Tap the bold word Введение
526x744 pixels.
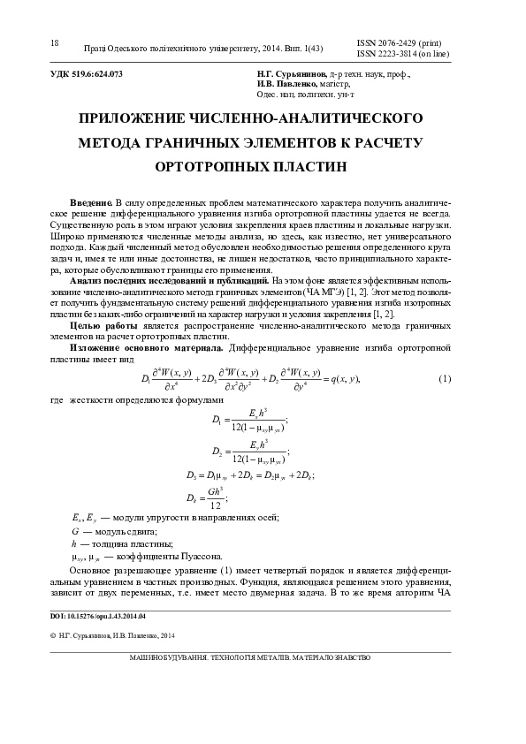[91, 203]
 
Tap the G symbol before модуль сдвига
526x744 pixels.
[75, 531]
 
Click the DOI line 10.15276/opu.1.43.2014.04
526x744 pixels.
[98, 615]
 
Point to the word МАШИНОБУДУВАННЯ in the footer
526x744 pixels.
[169, 657]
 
